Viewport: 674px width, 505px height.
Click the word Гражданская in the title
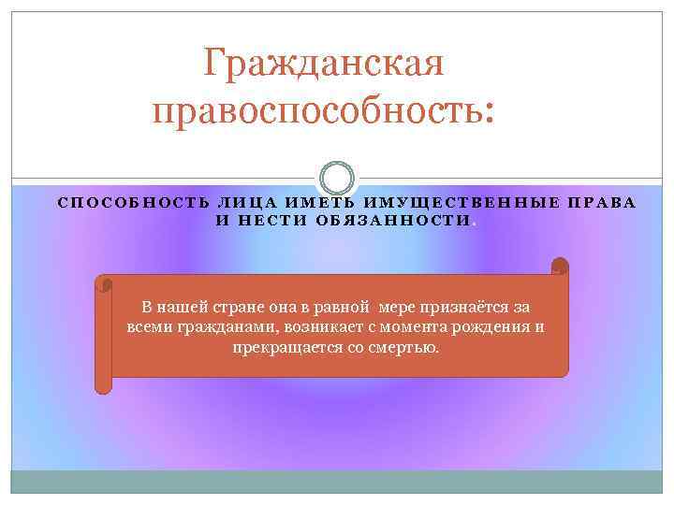coord(324,65)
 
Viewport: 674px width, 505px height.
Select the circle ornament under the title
coord(337,178)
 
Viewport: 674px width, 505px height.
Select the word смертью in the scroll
coord(404,347)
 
